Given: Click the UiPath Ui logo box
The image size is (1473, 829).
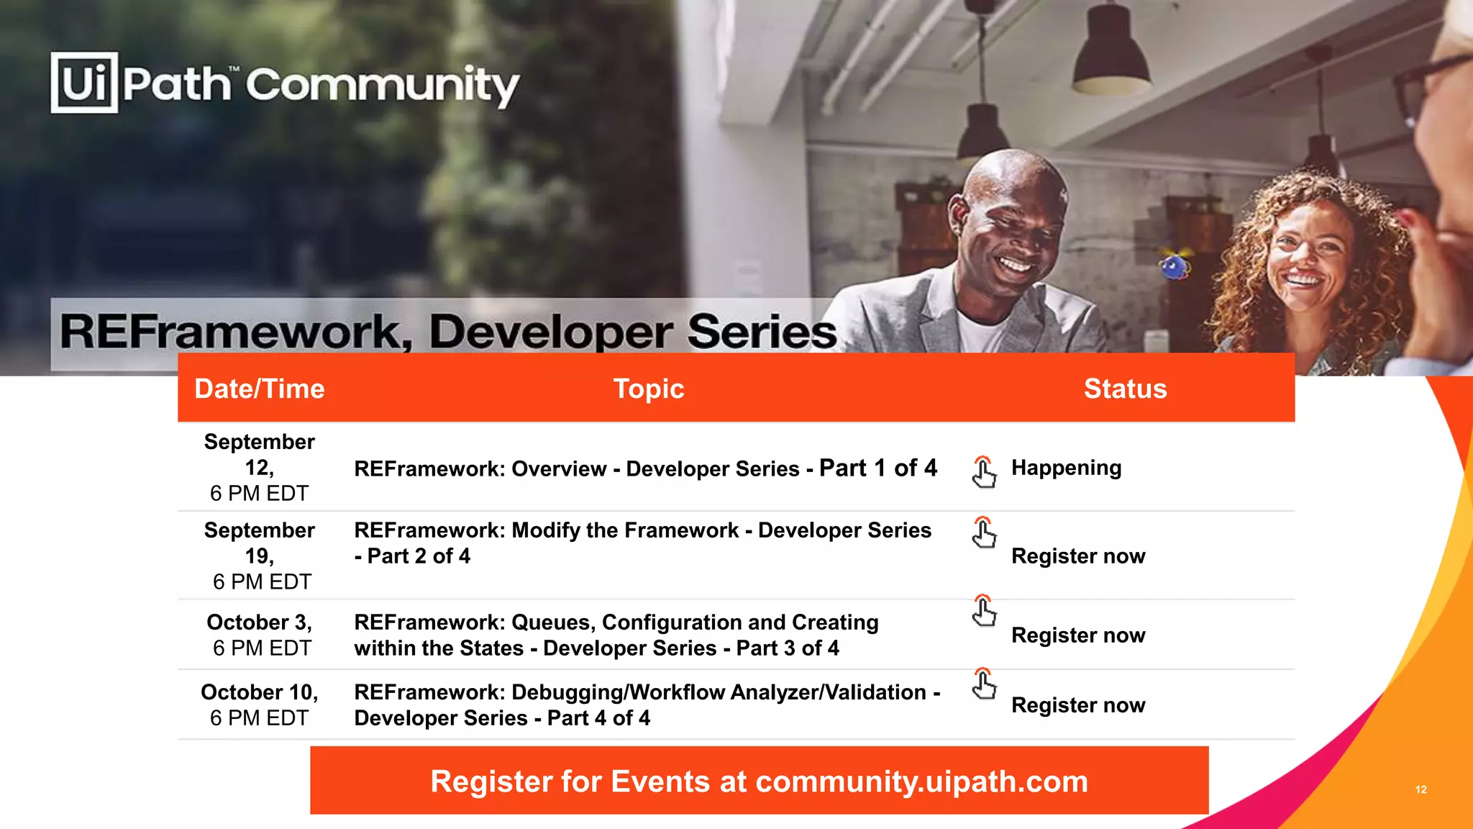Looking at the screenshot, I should [x=84, y=83].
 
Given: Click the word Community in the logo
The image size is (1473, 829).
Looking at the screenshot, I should [x=382, y=85].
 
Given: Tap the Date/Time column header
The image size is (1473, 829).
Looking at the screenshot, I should [x=260, y=389].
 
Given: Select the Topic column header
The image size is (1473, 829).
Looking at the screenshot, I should [x=648, y=389].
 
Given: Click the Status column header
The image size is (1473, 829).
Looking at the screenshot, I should [x=1125, y=389].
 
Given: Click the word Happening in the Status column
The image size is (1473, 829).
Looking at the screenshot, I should [x=1066, y=468].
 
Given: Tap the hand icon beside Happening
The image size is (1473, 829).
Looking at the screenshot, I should [x=984, y=472].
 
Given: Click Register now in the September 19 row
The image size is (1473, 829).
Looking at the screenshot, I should [x=1078, y=556].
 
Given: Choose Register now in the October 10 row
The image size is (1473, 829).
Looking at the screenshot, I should [x=1078, y=705].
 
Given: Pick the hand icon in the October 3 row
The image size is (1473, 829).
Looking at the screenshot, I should [x=984, y=611].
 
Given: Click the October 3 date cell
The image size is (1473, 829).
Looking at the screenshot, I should [x=260, y=635].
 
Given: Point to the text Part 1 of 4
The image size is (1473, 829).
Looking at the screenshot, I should [x=878, y=468].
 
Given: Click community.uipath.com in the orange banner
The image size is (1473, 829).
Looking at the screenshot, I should [x=921, y=782].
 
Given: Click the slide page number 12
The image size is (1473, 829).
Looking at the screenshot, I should [x=1420, y=789].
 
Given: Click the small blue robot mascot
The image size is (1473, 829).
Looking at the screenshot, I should [x=1175, y=267].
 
